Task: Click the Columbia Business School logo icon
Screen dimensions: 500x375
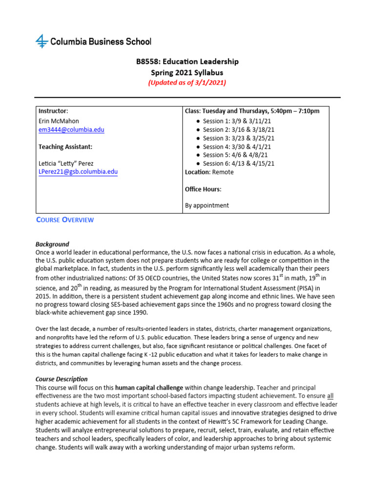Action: coord(42,42)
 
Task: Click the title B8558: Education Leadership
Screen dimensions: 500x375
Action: coord(187,62)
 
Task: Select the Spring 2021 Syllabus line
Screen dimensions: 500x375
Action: coord(187,72)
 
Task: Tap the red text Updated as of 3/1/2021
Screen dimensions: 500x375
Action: coord(187,83)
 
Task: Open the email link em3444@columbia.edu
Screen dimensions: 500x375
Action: coord(71,130)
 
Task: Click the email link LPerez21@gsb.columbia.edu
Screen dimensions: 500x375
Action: coord(78,172)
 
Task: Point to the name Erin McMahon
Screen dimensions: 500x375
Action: coord(59,121)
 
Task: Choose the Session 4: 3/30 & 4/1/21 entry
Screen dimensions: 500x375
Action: coord(237,146)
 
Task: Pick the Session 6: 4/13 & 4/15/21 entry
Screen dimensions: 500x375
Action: coord(238,164)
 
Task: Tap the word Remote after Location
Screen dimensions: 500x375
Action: coord(223,172)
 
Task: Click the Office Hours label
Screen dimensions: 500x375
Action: coord(203,189)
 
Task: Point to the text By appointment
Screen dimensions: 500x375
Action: coord(207,206)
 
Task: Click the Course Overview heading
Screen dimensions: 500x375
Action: coord(65,220)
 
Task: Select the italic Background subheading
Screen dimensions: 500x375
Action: coord(52,244)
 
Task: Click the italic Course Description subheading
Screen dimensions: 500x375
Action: coord(62,379)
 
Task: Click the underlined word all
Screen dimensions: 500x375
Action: coord(331,396)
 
